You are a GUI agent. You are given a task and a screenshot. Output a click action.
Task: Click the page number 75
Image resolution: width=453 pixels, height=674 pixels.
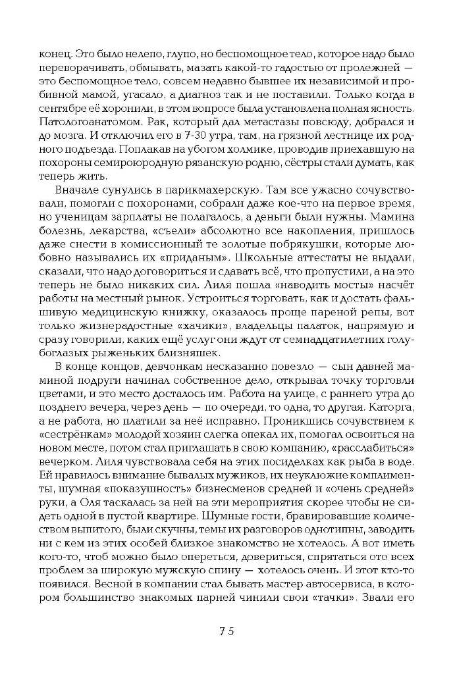(226, 631)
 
